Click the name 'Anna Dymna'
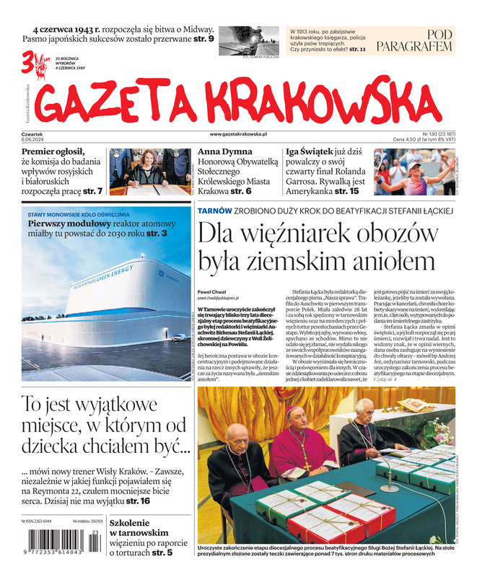click(227, 153)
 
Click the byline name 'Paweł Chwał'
click(212, 291)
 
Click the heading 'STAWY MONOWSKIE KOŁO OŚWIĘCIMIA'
click(79, 215)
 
